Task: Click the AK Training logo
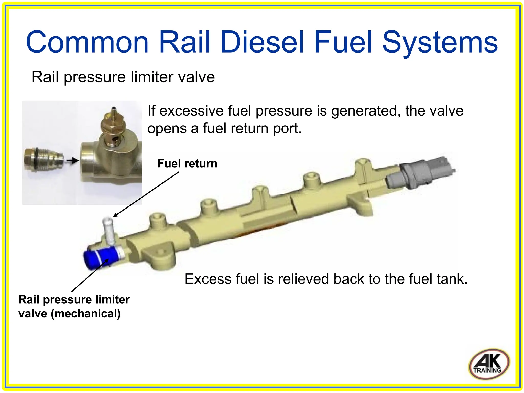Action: pyautogui.click(x=489, y=364)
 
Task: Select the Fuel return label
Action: pyautogui.click(x=187, y=163)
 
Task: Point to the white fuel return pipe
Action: pyautogui.click(x=109, y=231)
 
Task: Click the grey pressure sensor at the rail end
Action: pyautogui.click(x=420, y=174)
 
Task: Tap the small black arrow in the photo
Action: pyautogui.click(x=72, y=161)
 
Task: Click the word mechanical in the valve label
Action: pyautogui.click(x=86, y=314)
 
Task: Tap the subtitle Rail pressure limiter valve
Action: pyautogui.click(x=123, y=77)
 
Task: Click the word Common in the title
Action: pyautogui.click(x=87, y=42)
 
